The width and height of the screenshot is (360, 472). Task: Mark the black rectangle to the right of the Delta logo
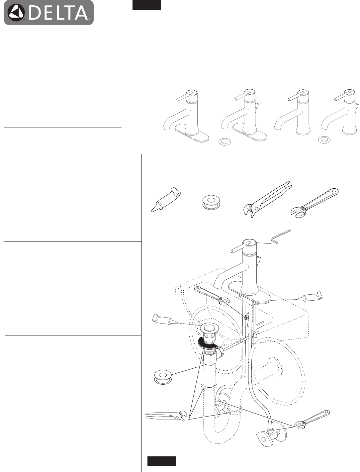tap(146, 5)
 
